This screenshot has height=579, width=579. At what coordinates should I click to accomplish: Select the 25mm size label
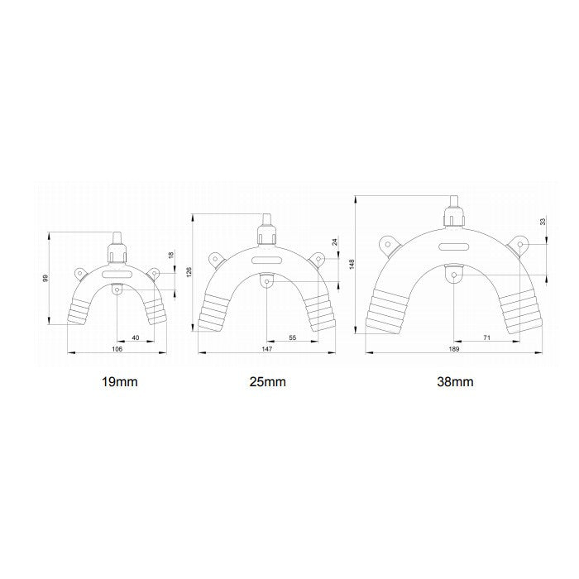point(266,382)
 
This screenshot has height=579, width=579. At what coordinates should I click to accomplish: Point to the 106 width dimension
point(117,350)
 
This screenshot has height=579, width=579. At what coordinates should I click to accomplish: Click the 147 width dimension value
point(266,350)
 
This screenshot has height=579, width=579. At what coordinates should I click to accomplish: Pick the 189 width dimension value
point(453,350)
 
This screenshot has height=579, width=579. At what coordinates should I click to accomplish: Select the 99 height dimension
point(45,278)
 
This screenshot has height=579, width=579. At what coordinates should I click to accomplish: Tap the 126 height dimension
point(189,271)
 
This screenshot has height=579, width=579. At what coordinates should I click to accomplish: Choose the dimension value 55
point(293,337)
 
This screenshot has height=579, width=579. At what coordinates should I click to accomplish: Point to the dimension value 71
point(488,337)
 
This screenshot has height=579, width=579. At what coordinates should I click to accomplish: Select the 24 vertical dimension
point(334,242)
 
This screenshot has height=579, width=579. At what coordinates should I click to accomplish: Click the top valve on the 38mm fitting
point(453,214)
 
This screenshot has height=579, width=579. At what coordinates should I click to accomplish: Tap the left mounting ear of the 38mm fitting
point(386,243)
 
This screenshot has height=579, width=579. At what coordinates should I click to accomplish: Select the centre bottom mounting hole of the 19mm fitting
point(117,291)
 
